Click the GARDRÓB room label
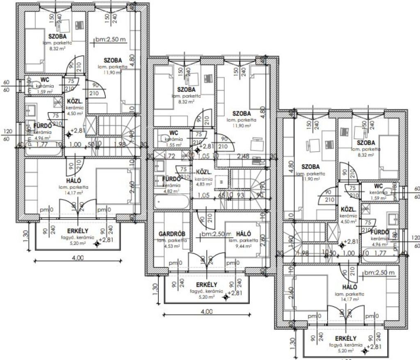pos(172,234)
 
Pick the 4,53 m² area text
pos(171,246)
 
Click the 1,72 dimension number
pos(169,156)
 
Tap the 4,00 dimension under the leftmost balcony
pos(78,258)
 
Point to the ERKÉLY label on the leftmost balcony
pos(75,231)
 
